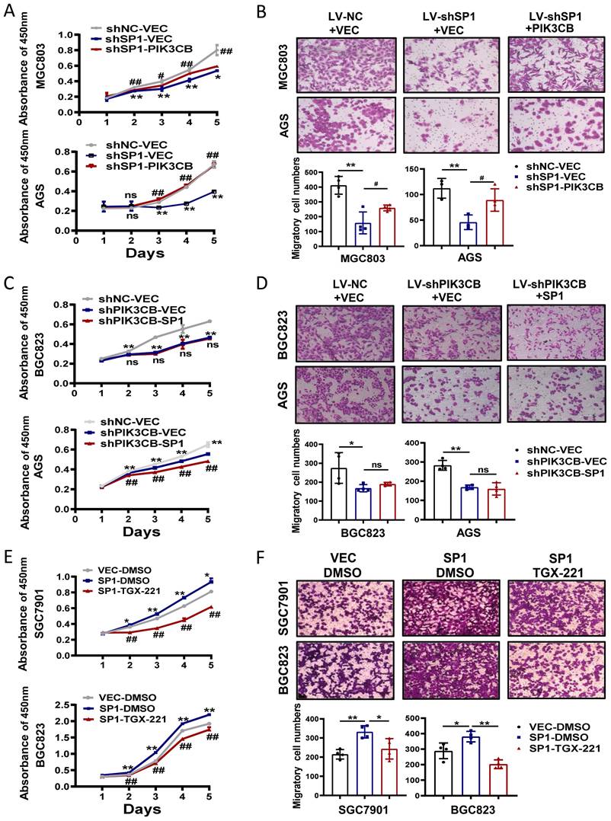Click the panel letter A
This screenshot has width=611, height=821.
(9, 11)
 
